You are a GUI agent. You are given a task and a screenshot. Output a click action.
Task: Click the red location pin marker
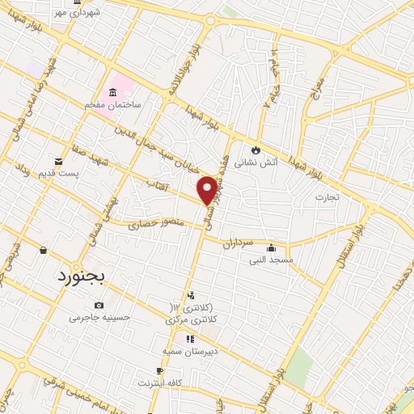point(207,190)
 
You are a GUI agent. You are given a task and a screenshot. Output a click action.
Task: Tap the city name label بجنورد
point(82,277)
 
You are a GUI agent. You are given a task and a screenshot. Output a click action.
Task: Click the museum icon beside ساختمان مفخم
point(114,91)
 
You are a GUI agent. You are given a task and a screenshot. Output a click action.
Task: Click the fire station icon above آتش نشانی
point(256,150)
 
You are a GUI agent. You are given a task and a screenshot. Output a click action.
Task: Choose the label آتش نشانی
point(256,162)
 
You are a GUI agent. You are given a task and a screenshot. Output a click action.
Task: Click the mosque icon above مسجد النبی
point(271,248)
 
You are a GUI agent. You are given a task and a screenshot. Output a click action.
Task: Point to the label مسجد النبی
point(271,260)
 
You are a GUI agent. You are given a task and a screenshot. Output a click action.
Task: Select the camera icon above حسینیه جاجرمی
point(99,305)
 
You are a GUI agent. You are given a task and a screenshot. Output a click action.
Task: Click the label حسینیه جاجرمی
point(99,317)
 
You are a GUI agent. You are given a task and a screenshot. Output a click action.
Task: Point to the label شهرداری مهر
point(78,13)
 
